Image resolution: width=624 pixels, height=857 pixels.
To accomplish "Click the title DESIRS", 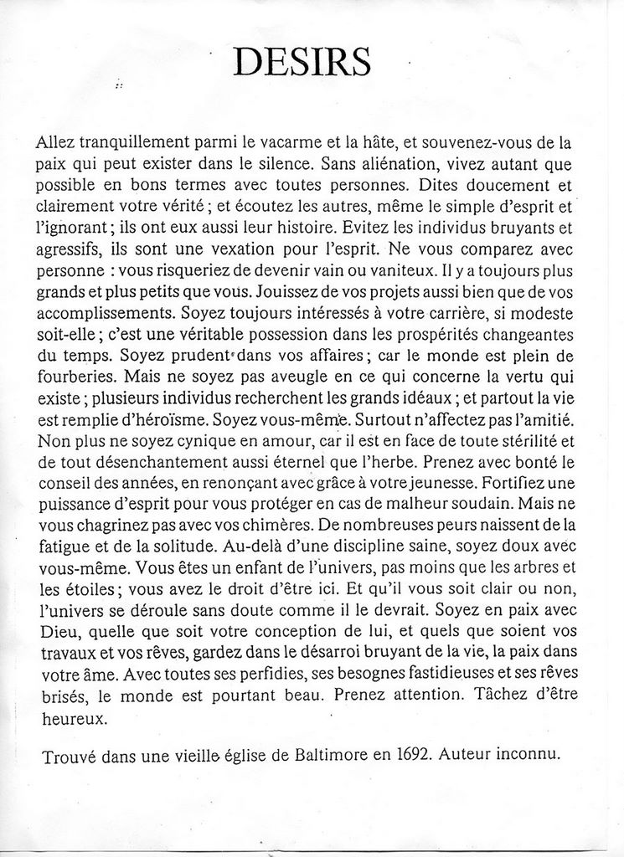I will pyautogui.click(x=302, y=60).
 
